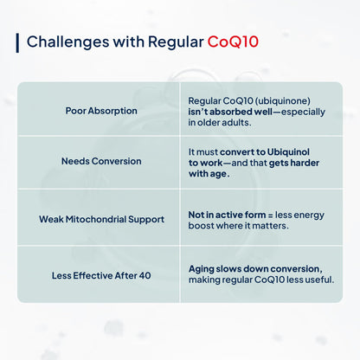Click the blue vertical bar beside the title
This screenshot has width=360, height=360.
[17, 42]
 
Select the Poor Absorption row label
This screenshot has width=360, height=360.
[101, 111]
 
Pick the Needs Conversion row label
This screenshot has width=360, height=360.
[101, 162]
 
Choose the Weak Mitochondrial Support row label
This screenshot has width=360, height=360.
[101, 219]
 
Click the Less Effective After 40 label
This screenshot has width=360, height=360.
[101, 274]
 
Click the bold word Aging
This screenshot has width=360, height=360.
[204, 268]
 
